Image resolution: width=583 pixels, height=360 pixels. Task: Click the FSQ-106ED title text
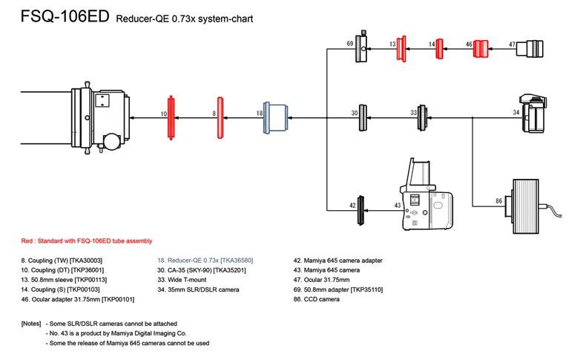pyautogui.click(x=62, y=16)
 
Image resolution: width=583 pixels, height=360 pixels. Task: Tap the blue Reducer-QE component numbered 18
pyautogui.click(x=276, y=117)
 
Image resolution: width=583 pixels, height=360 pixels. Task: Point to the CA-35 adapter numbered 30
pyautogui.click(x=363, y=117)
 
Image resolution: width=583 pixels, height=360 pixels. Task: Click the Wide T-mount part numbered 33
pyautogui.click(x=422, y=117)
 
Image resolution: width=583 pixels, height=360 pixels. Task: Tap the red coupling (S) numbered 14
pyautogui.click(x=440, y=49)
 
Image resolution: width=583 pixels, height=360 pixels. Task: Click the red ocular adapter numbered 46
pyautogui.click(x=481, y=48)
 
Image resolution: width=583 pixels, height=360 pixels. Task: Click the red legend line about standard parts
pyautogui.click(x=86, y=241)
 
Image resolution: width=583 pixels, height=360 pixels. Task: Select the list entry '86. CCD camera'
pyautogui.click(x=317, y=300)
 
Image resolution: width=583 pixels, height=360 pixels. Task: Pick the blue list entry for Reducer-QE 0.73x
pyautogui.click(x=205, y=261)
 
